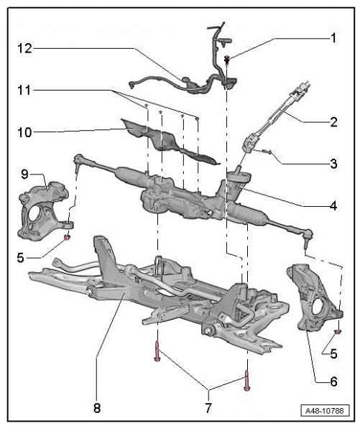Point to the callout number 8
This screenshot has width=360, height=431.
[x=97, y=407]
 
